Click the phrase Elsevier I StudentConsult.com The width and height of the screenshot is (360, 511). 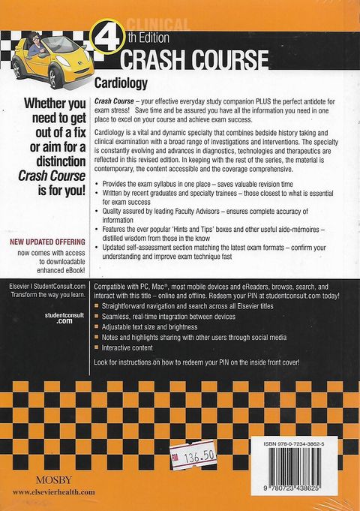[46, 287]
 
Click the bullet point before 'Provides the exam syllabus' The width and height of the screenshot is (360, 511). [98, 184]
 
